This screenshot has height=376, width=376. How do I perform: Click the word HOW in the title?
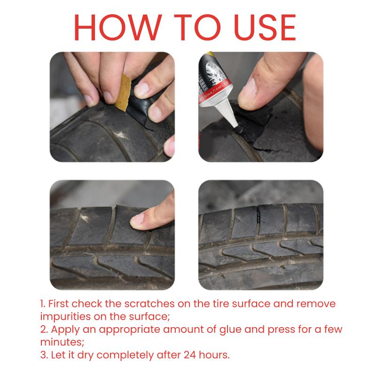click(118, 27)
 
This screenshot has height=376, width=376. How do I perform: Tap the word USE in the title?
click(265, 27)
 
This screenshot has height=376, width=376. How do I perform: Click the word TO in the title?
click(197, 27)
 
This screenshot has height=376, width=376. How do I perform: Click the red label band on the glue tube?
click(215, 92)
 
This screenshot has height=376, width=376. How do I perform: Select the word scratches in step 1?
click(149, 304)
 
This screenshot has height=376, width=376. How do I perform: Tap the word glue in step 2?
click(230, 330)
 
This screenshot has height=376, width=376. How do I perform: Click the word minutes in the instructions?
click(62, 342)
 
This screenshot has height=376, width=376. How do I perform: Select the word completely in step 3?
click(125, 356)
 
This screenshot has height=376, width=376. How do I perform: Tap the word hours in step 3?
click(214, 355)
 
